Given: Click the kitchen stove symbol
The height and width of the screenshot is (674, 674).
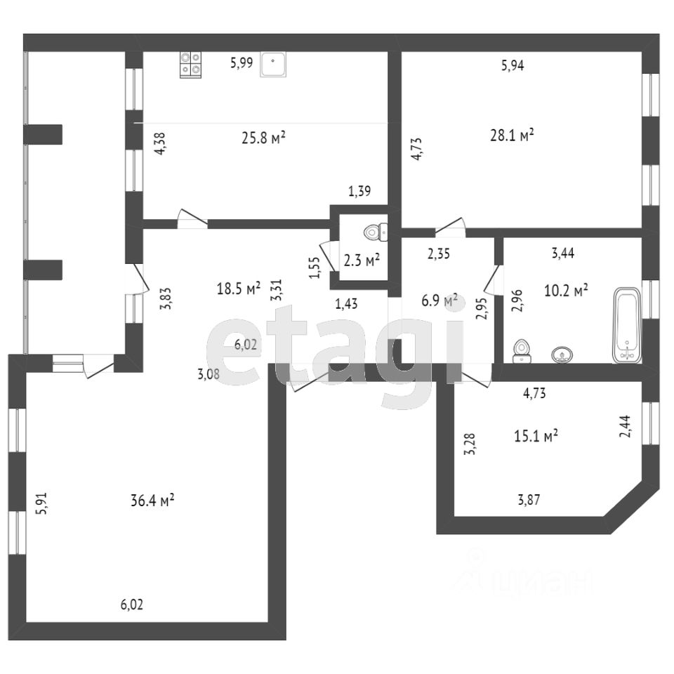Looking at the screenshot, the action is [x=190, y=65].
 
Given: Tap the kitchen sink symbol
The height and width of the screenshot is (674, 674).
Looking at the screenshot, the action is [x=272, y=65].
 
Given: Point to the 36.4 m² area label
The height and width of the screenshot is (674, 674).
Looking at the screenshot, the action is [x=152, y=501].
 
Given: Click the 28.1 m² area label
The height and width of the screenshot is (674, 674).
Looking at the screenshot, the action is [x=512, y=135].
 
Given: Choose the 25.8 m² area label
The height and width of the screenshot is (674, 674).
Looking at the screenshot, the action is [x=263, y=138].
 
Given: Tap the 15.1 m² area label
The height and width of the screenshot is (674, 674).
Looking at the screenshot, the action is [x=536, y=435].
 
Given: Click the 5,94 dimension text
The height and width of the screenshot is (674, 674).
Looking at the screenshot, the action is [x=513, y=65].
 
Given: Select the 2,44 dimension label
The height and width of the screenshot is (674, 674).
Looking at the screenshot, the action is [x=624, y=425].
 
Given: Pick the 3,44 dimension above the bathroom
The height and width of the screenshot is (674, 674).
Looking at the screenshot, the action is [x=563, y=254].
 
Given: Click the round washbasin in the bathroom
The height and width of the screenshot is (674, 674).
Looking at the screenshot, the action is [x=562, y=355].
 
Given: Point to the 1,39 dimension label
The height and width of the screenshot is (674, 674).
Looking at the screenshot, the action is [x=359, y=190].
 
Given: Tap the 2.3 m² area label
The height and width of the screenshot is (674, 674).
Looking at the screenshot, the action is [x=362, y=260].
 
